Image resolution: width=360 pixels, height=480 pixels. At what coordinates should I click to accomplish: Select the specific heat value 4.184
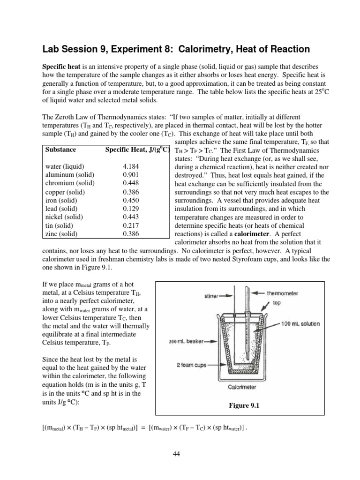point(131,166)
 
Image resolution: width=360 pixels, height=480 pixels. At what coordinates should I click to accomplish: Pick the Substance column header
point(60,150)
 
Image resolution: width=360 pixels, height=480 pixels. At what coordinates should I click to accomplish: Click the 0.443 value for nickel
point(131,217)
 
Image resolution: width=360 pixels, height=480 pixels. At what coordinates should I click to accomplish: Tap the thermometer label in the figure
point(282,293)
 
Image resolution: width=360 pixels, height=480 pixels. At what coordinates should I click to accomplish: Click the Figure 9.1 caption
point(242,406)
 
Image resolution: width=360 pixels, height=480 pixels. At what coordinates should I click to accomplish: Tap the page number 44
point(180,453)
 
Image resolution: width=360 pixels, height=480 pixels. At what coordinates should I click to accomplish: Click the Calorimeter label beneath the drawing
point(241,387)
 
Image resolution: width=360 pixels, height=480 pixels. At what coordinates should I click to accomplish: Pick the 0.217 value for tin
point(131,225)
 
